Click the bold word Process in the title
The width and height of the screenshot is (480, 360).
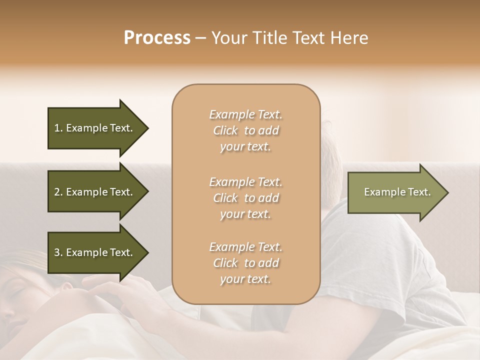tap(157, 38)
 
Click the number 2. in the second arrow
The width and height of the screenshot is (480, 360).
tap(58, 192)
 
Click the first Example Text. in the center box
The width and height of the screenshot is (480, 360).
tap(245, 114)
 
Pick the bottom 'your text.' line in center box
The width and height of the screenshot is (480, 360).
tap(245, 279)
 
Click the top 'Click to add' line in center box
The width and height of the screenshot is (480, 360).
tap(245, 131)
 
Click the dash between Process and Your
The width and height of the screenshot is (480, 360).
tap(201, 38)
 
